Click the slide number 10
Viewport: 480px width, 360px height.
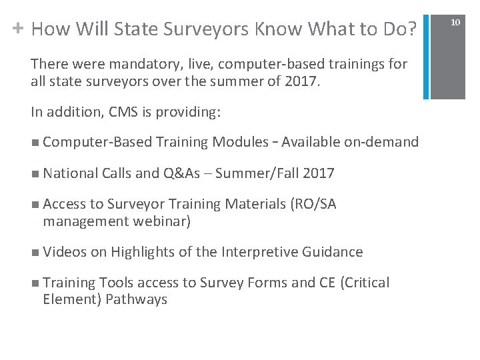tap(455, 23)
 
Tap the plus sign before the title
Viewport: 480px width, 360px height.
tap(18, 28)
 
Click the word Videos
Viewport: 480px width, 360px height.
tap(64, 251)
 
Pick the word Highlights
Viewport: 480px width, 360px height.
tap(143, 252)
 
